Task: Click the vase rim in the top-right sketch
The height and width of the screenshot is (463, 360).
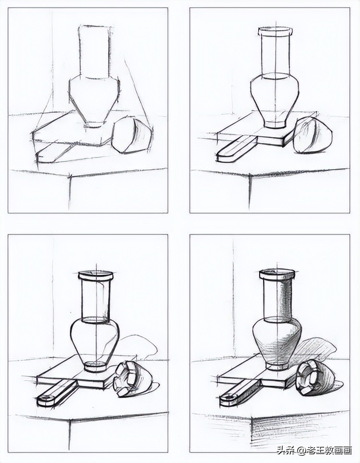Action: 275,31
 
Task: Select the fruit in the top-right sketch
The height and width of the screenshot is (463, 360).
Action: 312,135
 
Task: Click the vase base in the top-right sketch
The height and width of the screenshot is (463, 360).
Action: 275,124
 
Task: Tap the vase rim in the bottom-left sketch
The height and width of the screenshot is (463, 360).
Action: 96,276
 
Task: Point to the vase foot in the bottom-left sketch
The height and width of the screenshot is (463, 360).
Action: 95,367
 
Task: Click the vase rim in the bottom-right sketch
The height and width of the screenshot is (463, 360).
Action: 277,274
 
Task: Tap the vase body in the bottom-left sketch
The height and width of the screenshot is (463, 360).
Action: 95,341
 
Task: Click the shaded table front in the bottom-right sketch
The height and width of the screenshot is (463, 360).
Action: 298,430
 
